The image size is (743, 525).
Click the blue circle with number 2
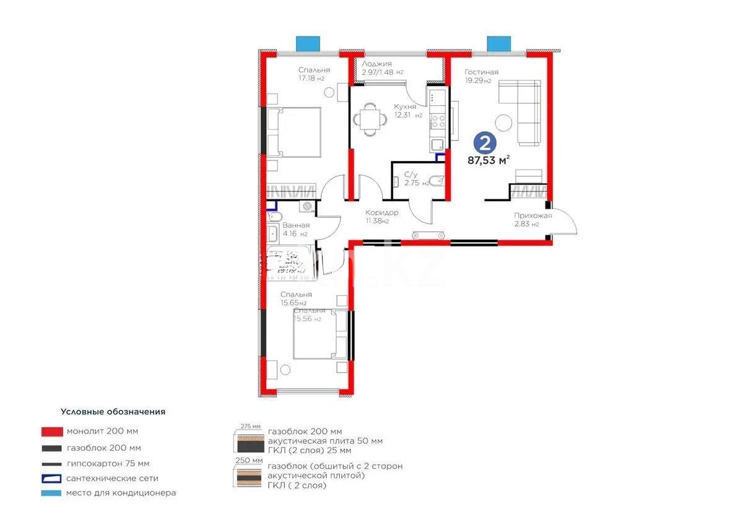[x=485, y=143]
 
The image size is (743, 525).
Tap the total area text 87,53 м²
[x=489, y=160]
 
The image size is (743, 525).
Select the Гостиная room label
[x=481, y=72]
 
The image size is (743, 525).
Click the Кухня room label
[x=405, y=106]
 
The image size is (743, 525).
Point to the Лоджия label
[x=376, y=64]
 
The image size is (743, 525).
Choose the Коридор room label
[x=381, y=212]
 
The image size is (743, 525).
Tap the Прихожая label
[x=532, y=215]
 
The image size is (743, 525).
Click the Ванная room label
[x=297, y=225]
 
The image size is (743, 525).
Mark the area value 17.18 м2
[x=311, y=79]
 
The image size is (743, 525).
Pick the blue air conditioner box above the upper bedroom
[x=307, y=43]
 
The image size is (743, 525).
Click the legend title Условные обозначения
[x=113, y=411]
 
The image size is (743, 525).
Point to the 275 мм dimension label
[x=247, y=425]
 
